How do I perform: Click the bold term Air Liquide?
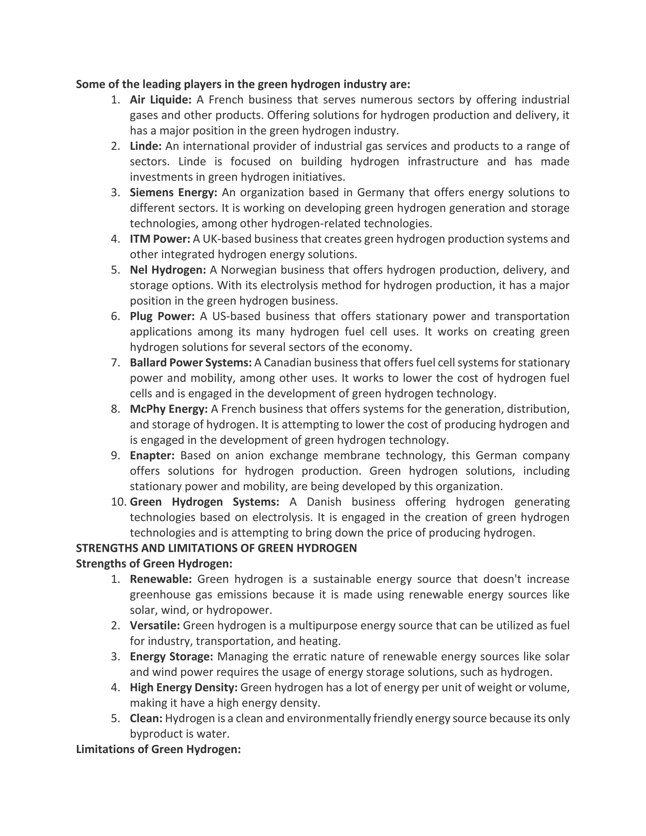click(160, 100)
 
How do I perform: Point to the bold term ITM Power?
click(160, 239)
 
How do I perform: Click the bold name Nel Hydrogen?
click(167, 270)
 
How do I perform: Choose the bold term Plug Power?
click(162, 316)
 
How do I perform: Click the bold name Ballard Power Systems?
click(191, 362)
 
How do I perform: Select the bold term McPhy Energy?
click(168, 409)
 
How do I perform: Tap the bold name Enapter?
click(152, 456)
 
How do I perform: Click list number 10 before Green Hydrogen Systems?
click(119, 502)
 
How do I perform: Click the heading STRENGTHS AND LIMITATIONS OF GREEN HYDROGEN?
click(216, 548)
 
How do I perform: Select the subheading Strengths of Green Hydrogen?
click(154, 564)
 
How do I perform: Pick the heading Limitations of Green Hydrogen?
click(158, 750)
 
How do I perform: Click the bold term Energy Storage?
click(171, 656)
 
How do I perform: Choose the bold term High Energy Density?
click(184, 687)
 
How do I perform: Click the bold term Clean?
click(146, 718)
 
